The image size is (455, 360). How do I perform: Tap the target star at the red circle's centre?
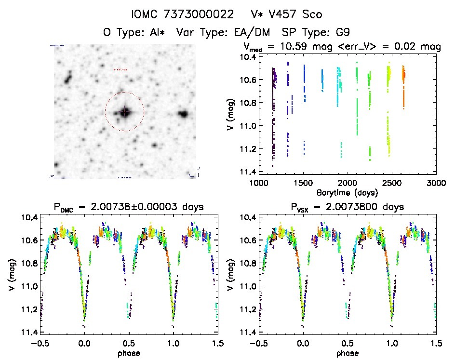point(124,112)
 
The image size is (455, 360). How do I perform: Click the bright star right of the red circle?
point(183,114)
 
